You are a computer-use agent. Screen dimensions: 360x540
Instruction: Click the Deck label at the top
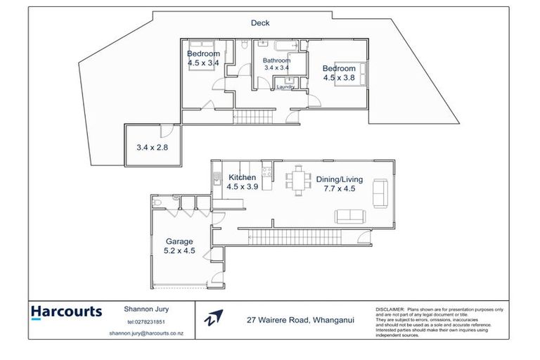pyautogui.click(x=260, y=23)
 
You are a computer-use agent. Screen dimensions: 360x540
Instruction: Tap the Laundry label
pyautogui.click(x=285, y=87)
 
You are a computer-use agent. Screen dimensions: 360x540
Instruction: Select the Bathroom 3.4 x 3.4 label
pyautogui.click(x=276, y=64)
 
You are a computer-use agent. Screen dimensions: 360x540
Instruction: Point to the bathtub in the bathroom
pyautogui.click(x=287, y=47)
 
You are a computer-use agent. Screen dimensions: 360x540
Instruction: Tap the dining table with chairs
pyautogui.click(x=298, y=181)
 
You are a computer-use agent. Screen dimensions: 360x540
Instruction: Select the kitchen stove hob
pyautogui.click(x=266, y=170)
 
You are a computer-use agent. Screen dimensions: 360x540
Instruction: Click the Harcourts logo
pyautogui.click(x=66, y=311)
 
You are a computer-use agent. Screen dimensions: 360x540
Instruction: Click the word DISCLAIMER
pyautogui.click(x=390, y=309)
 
